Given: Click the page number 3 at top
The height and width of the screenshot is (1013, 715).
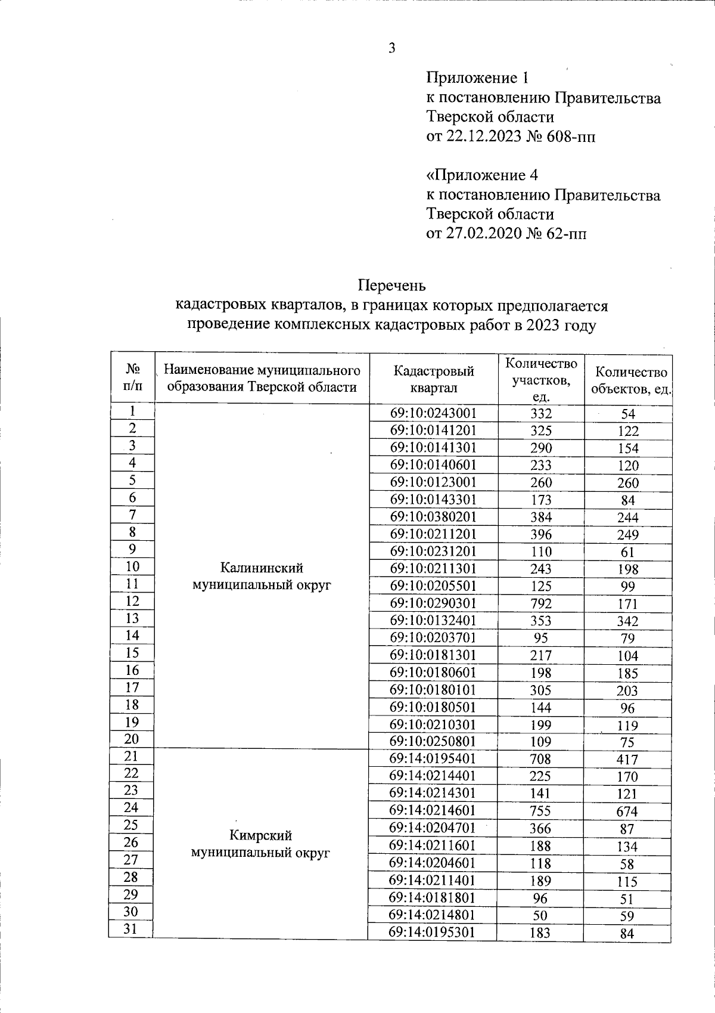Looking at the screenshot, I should (x=391, y=49).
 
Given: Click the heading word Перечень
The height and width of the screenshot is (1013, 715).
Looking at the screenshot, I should (x=391, y=286).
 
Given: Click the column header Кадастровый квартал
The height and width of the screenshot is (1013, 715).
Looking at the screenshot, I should (x=433, y=379).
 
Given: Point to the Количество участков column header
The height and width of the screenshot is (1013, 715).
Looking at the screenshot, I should (x=541, y=380).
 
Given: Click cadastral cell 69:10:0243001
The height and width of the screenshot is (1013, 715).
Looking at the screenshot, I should (x=433, y=413).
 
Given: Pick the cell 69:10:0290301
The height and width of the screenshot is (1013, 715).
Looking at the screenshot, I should (x=433, y=603).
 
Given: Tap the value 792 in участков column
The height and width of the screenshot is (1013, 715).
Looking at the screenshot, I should (x=541, y=603).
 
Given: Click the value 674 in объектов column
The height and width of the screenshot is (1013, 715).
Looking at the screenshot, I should (x=627, y=811).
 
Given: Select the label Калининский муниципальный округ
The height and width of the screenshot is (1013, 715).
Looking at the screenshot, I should (x=261, y=575).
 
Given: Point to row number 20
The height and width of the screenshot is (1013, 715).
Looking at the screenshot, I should (x=132, y=739).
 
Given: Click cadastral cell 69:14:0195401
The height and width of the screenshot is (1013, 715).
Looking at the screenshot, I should (x=433, y=758).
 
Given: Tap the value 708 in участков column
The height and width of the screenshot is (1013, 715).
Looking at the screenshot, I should (x=541, y=759).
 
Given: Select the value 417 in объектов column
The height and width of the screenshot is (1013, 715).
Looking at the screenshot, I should (x=627, y=760).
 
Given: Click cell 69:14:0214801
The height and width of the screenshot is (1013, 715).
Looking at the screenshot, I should (x=433, y=914).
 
